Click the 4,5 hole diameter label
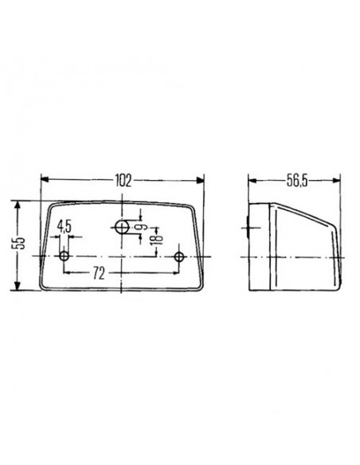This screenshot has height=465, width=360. click(x=64, y=227)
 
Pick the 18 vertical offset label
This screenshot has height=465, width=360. click(x=157, y=238)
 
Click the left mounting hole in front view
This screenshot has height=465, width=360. click(x=64, y=256)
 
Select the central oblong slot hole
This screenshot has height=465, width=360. click(x=122, y=228)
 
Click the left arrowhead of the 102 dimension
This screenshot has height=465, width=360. click(x=43, y=181)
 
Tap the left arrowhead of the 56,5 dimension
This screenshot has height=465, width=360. click(x=249, y=181)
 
